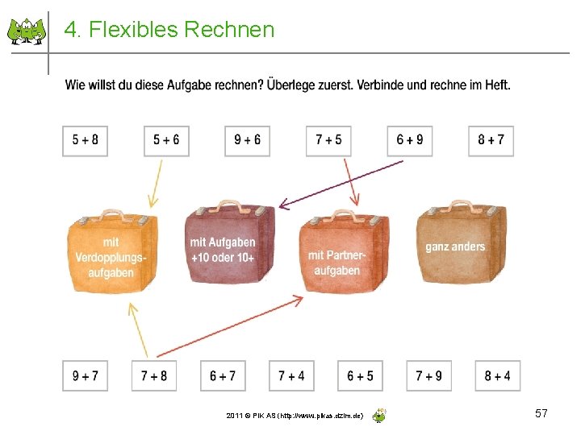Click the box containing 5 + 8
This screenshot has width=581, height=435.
point(85,141)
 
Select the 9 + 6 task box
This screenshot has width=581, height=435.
point(247,141)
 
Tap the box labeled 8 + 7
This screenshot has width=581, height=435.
point(491,141)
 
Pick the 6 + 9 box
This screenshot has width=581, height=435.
point(410,141)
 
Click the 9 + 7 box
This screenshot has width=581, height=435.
point(85,376)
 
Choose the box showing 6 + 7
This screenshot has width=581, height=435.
point(223,376)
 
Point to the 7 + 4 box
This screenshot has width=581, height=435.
point(291,376)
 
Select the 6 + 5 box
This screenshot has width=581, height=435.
point(360,376)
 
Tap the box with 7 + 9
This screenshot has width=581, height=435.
point(429,376)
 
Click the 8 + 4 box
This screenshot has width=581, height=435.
point(498,376)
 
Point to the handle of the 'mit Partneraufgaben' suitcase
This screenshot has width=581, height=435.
point(345,214)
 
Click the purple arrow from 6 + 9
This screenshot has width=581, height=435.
point(341,184)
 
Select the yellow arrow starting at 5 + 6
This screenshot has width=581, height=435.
point(156,184)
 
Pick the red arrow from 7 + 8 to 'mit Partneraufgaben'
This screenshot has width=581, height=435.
point(231,326)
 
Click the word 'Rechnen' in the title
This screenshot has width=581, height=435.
point(229,29)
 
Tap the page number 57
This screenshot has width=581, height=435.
point(541,413)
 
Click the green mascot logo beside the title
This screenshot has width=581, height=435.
point(27,31)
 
